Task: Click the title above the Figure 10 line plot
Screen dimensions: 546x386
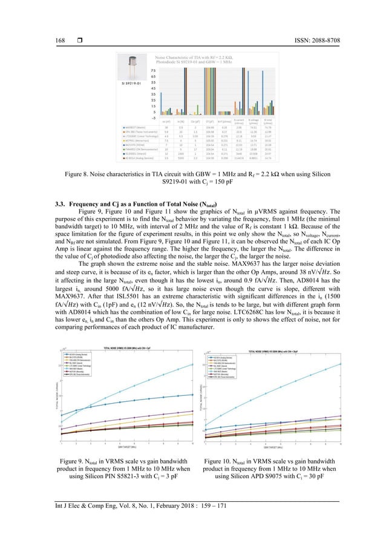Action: coord(280,349)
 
